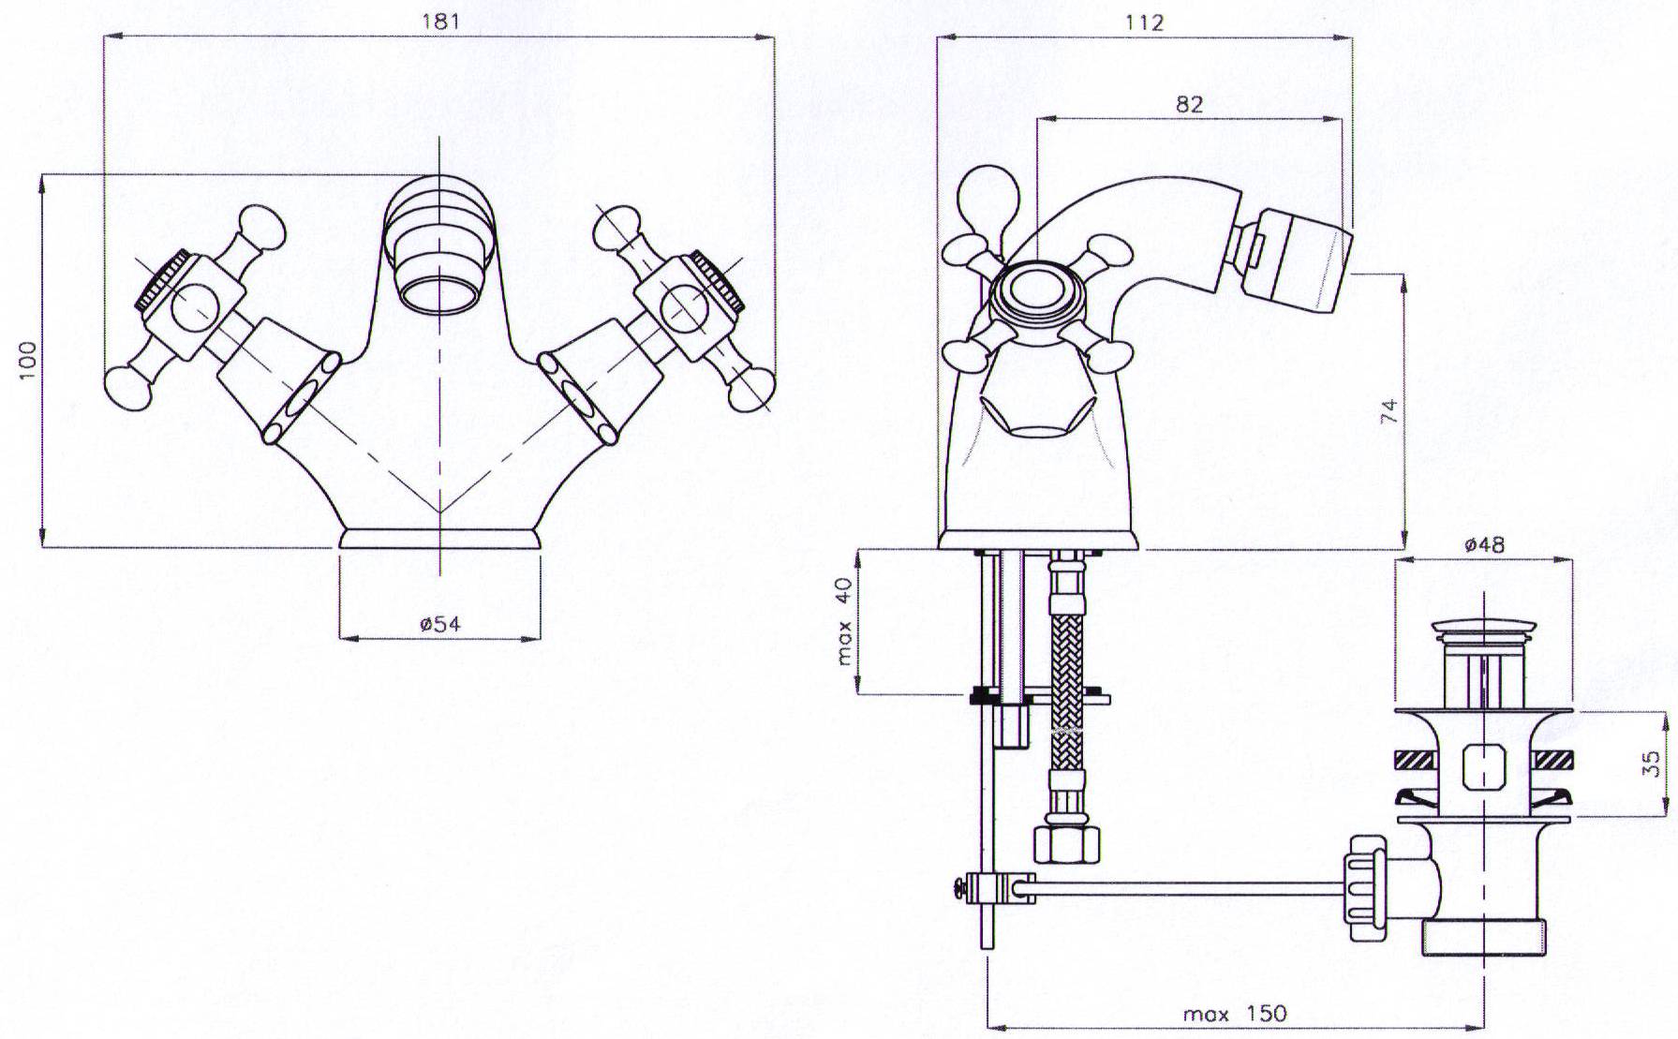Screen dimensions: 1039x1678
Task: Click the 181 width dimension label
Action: [x=440, y=22]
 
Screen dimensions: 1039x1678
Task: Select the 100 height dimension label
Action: [x=28, y=360]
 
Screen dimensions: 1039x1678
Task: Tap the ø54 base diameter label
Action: [x=440, y=624]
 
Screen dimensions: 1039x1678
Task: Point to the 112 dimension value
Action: [x=1145, y=22]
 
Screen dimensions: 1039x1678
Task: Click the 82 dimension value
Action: [x=1189, y=104]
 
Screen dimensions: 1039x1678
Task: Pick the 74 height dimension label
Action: [x=1390, y=411]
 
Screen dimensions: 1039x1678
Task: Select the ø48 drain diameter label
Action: [x=1483, y=544]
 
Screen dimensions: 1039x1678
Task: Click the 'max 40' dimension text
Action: [x=844, y=621]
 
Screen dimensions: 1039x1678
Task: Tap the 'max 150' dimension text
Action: [x=1235, y=1014]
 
